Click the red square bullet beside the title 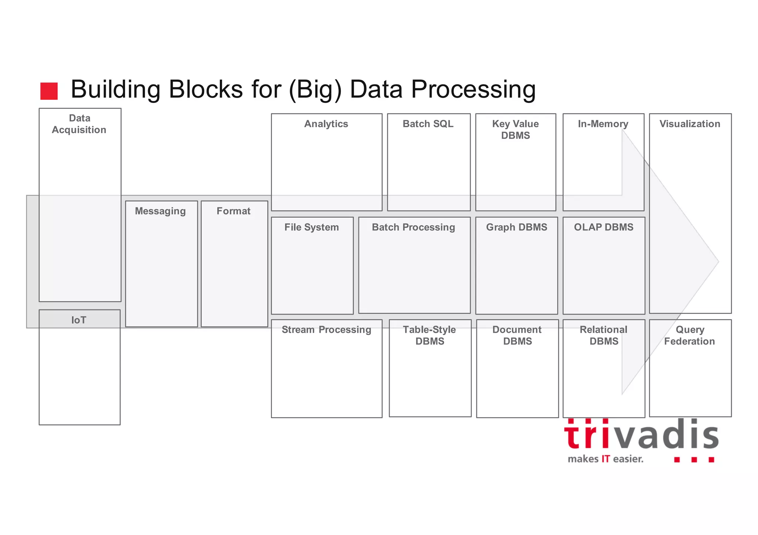(49, 91)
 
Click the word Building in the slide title (115, 89)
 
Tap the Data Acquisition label (79, 124)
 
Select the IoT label (78, 320)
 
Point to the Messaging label (160, 211)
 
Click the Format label (234, 211)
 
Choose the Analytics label (326, 124)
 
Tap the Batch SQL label (428, 124)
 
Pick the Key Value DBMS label (516, 129)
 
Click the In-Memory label (603, 124)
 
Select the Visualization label (690, 124)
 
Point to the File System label (312, 227)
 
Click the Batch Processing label (413, 227)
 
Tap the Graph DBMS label (517, 227)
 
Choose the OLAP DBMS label (604, 227)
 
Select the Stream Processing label (326, 329)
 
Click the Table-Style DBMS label (430, 335)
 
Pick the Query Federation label (690, 335)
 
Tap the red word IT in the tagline (606, 459)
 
